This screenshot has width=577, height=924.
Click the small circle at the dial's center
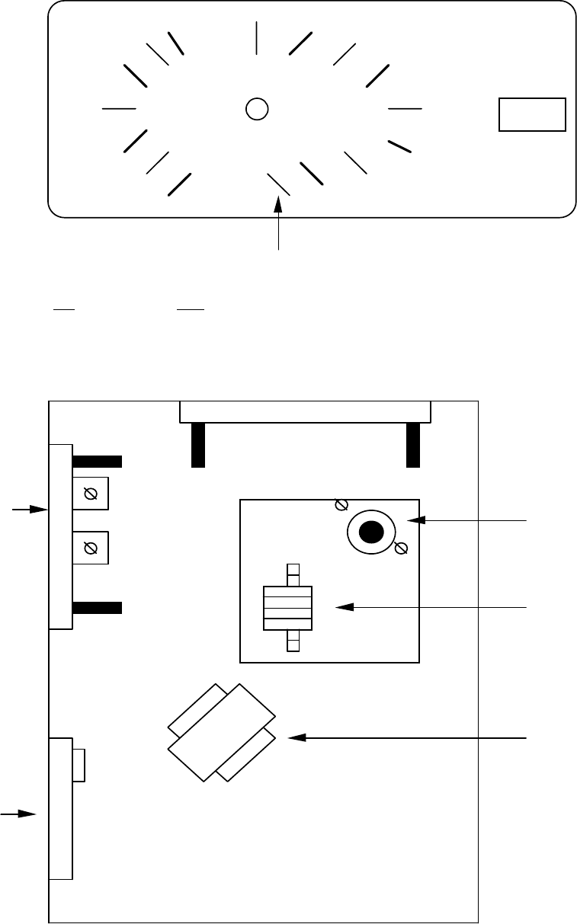(257, 109)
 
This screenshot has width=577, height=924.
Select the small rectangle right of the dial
(532, 114)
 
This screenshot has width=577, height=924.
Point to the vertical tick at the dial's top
(257, 38)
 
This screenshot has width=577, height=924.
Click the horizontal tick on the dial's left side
(118, 109)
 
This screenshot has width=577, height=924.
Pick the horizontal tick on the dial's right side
(405, 109)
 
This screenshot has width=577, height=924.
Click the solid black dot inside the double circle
(370, 532)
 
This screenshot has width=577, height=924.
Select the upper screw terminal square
(90, 494)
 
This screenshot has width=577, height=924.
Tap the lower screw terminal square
(90, 548)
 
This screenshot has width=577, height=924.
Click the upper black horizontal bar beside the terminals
(97, 461)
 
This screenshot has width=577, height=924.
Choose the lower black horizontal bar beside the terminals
(97, 607)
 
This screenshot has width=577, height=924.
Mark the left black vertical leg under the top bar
(198, 444)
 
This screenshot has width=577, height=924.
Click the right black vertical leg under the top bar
(414, 444)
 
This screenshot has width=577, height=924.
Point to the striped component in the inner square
(287, 608)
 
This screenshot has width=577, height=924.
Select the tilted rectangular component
(221, 732)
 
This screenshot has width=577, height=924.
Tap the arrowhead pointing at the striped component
(345, 607)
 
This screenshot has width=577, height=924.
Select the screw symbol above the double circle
(342, 504)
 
